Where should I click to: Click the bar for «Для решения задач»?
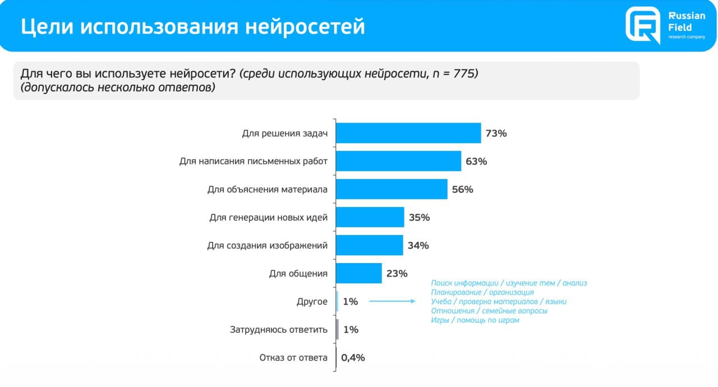pos(408,133)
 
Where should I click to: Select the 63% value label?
pos(476,162)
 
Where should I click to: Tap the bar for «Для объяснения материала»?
pos(392,189)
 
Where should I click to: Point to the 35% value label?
pos(419,217)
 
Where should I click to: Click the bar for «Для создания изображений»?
pos(370,245)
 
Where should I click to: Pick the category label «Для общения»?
pos(298,274)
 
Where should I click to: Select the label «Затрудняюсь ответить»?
pos(279,330)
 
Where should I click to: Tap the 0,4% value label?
pos(353,357)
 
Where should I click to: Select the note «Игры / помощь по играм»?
pos(475,320)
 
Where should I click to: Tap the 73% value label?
pos(496,133)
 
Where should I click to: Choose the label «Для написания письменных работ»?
pos(254,162)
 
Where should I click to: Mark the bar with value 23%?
pos(359,273)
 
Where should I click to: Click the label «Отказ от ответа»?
pos(293,358)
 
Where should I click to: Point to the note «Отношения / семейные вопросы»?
pos(489,311)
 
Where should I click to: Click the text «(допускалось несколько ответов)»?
pos(118,88)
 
